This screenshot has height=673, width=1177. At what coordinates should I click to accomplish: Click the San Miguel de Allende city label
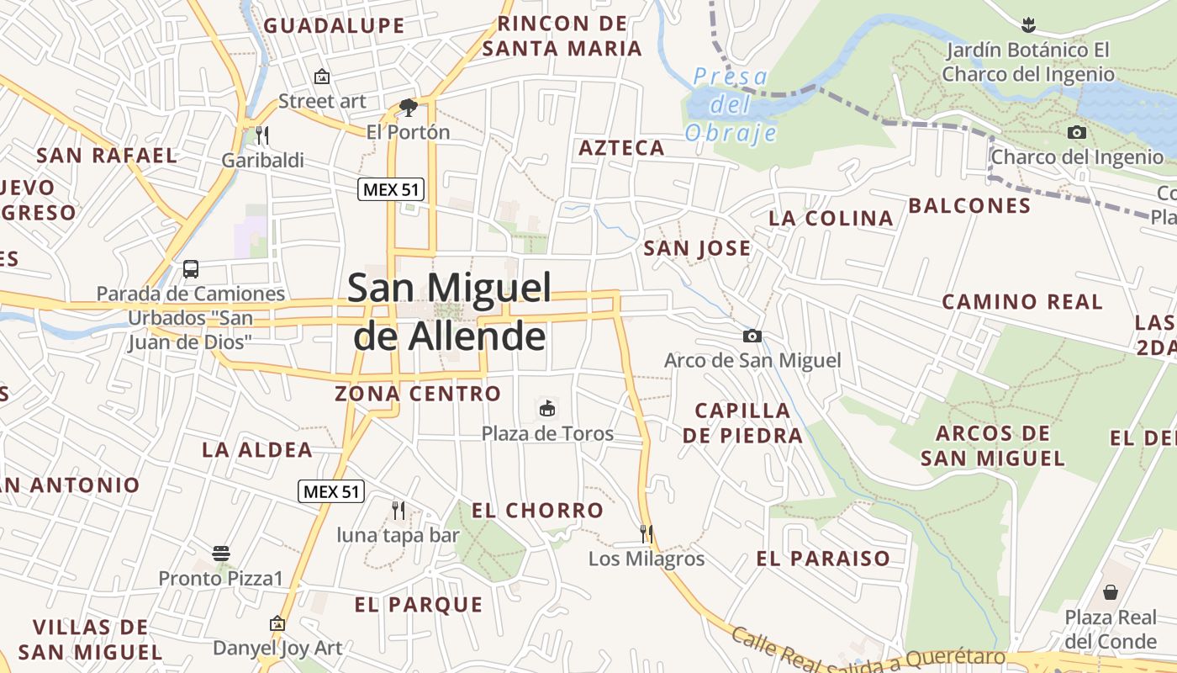click(450, 311)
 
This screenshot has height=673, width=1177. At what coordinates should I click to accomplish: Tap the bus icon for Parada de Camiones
click(191, 269)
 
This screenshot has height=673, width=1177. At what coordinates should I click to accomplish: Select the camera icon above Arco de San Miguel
click(752, 336)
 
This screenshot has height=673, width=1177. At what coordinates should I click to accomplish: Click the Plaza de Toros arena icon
click(547, 410)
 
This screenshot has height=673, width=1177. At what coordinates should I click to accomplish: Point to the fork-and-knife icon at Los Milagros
click(646, 533)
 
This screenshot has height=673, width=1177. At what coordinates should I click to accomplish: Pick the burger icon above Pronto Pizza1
click(221, 554)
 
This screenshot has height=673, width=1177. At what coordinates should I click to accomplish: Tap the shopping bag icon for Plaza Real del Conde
click(1111, 592)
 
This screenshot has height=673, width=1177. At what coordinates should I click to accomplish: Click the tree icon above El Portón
click(409, 107)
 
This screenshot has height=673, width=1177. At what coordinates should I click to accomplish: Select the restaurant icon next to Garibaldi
click(262, 135)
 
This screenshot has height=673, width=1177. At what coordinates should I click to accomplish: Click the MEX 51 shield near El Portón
click(391, 189)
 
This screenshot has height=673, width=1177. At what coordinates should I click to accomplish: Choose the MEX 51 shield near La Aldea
click(331, 491)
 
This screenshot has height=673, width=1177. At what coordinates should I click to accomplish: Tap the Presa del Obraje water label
click(730, 105)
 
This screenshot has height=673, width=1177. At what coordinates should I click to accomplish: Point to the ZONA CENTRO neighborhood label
click(418, 394)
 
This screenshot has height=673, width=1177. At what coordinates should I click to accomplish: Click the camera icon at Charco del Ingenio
click(1076, 132)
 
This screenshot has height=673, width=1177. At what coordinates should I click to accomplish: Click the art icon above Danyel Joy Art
click(277, 623)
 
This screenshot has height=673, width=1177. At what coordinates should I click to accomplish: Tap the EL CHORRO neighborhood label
click(537, 511)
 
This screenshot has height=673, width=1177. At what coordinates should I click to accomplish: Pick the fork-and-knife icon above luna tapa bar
click(398, 510)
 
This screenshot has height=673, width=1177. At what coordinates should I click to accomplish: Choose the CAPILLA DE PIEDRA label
click(742, 423)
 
